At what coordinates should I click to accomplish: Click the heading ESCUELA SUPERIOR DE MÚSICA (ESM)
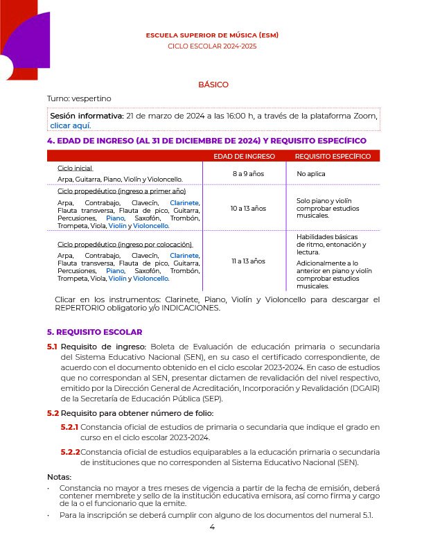point(212,35)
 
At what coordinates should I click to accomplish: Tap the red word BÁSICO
point(213,85)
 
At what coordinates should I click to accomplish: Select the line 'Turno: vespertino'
point(79,98)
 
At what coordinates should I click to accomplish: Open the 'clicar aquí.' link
point(71,126)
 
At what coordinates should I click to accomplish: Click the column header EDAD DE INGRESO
point(244,157)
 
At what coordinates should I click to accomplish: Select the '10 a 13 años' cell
point(244,208)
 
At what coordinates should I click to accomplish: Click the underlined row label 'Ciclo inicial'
point(75,168)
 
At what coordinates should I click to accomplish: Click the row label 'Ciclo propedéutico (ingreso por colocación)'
point(125,245)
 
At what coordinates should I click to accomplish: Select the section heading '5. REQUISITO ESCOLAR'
point(94,332)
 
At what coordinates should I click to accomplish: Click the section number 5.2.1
point(69,428)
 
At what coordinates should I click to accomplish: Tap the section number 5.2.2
point(69,452)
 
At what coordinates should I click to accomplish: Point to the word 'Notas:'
point(60,477)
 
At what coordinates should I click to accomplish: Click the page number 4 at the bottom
point(213,528)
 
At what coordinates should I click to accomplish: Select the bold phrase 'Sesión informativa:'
point(87,116)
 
